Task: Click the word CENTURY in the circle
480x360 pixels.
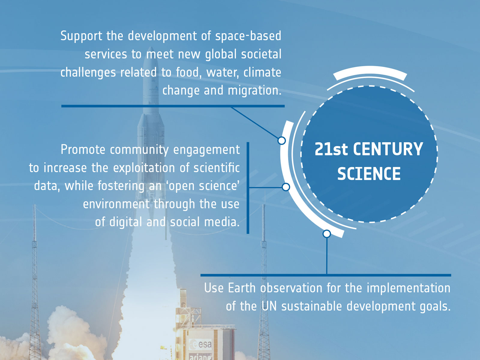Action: pos(388,149)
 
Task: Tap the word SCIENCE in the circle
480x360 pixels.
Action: pos(369,174)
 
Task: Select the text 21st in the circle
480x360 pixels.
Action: pos(331,149)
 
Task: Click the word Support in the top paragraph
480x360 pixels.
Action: pos(81,36)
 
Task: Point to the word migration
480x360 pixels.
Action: pos(254,91)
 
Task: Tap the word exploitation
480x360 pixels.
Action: pos(144,168)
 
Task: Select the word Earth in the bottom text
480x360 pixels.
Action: pos(241,288)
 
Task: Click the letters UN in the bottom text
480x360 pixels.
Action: pos(269,306)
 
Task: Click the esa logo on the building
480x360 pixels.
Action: pos(200,344)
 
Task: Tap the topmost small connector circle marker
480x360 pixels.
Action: pos(282,140)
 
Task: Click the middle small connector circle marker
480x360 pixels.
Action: pos(286,187)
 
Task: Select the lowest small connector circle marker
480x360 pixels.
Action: pos(327,234)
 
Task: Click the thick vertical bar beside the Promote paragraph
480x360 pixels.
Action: pos(248,188)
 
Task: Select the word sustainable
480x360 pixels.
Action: pos(312,306)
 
